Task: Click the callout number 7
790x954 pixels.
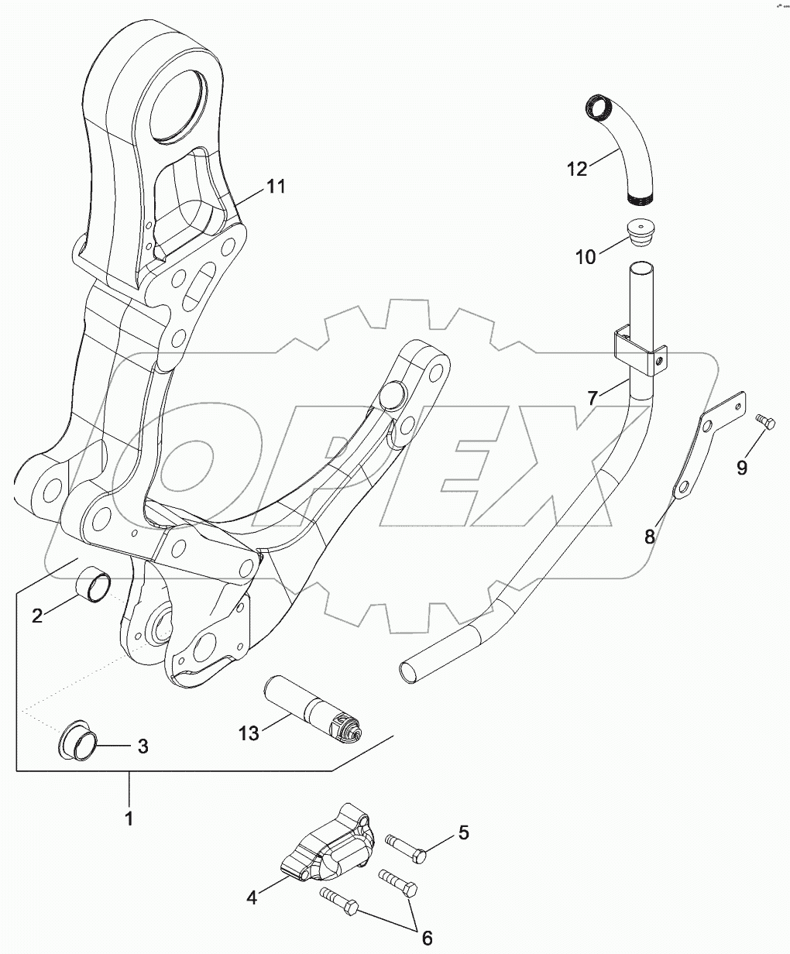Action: coord(592,399)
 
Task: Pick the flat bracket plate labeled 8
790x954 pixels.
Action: coord(709,449)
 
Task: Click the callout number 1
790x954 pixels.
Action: coord(129,818)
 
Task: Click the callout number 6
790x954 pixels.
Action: coord(427,938)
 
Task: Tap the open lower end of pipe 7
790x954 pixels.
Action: coord(410,671)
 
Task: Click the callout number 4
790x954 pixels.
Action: coord(252,898)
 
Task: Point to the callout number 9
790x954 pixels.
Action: coord(742,468)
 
